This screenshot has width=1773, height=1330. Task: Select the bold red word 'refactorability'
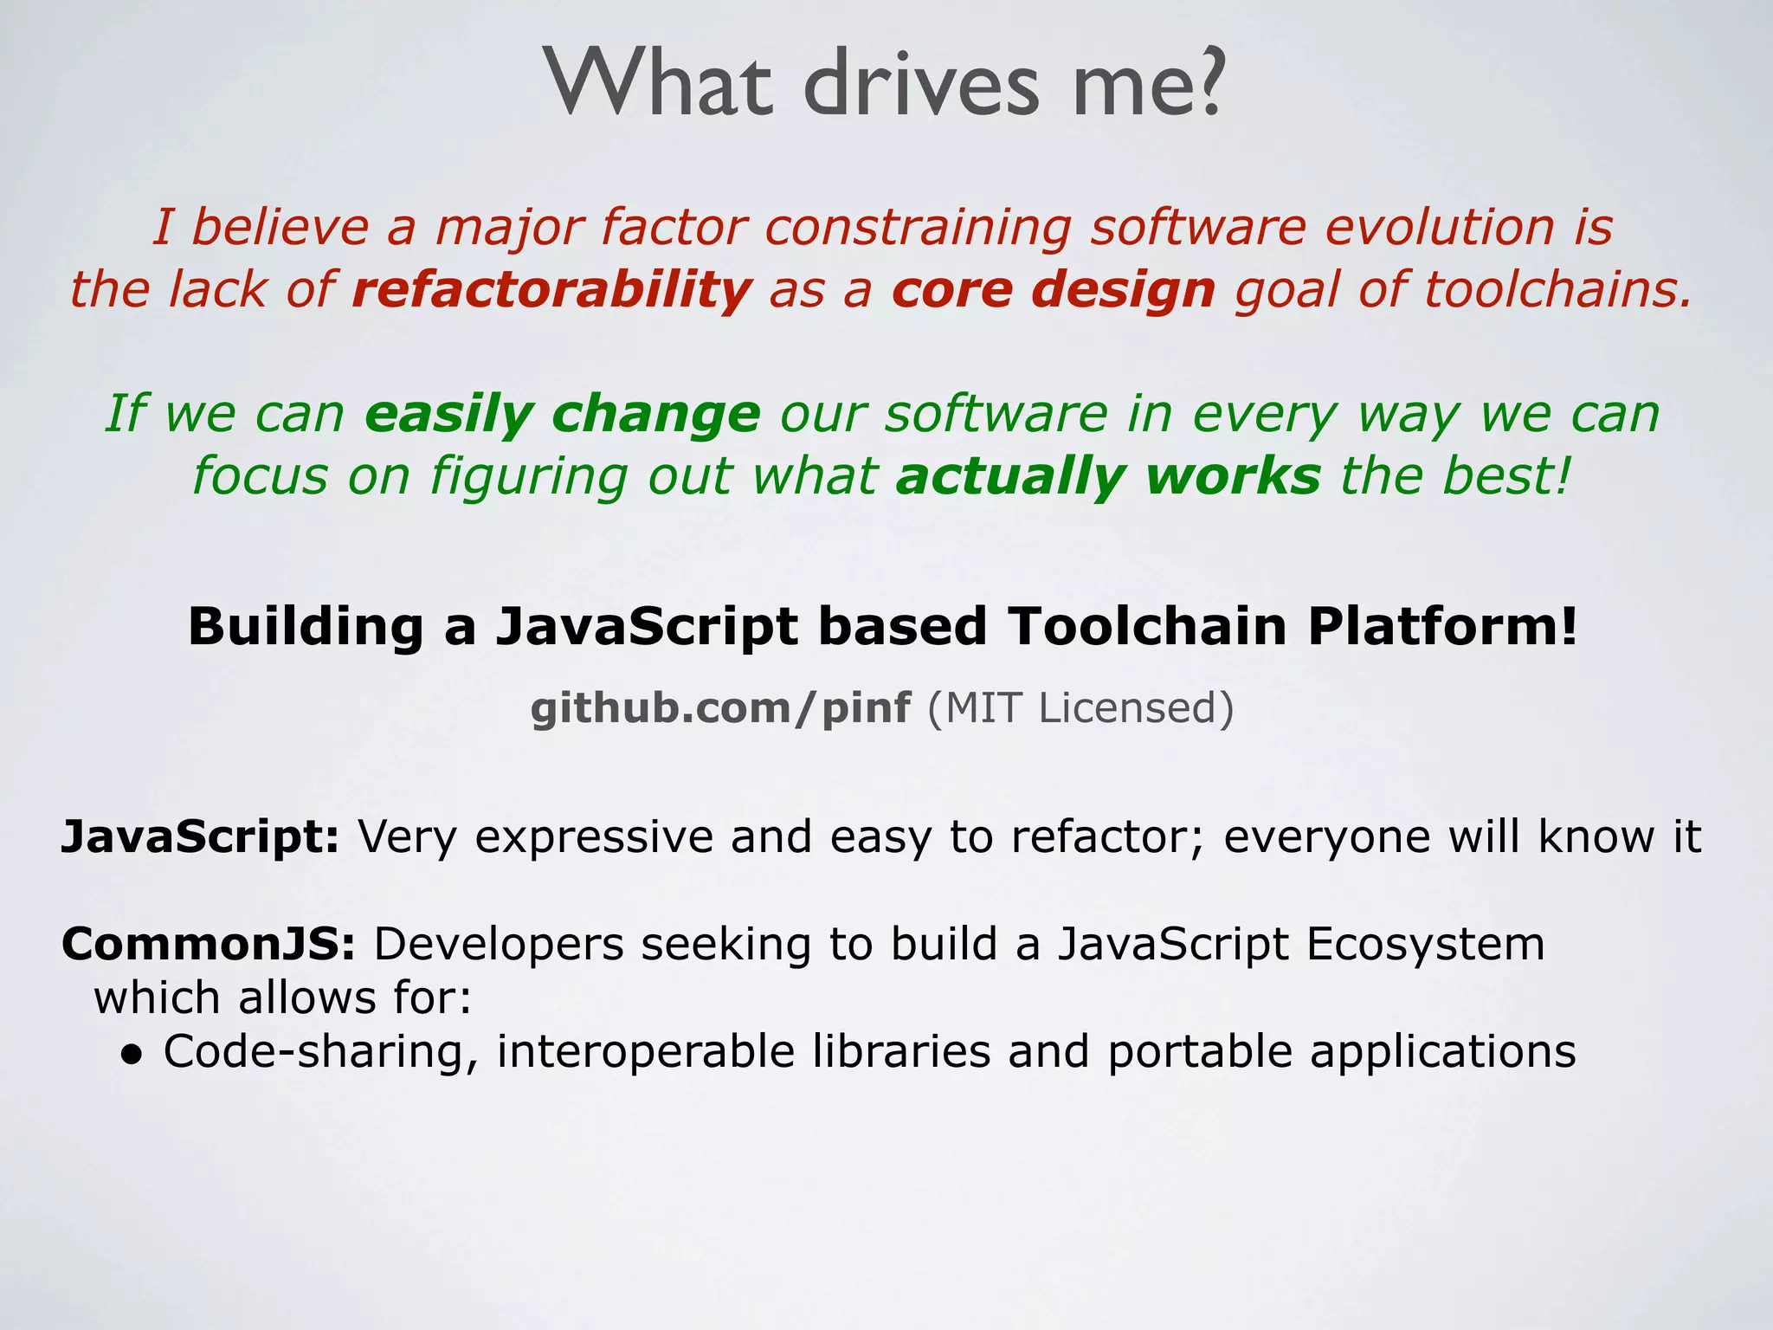[x=551, y=289]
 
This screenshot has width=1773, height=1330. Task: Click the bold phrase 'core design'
[x=1054, y=289]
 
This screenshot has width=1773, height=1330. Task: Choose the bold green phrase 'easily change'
[x=563, y=414]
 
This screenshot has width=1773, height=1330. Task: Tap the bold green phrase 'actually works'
[x=1108, y=476]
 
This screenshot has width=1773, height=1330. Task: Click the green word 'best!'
[x=1505, y=476]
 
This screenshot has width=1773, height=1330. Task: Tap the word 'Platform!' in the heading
[x=1442, y=627]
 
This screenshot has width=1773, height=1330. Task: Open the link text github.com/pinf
[x=719, y=708]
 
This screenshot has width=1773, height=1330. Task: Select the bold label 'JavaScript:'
[x=200, y=837]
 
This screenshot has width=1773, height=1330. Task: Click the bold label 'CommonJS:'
[x=208, y=944]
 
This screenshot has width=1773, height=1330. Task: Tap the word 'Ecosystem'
[x=1425, y=945]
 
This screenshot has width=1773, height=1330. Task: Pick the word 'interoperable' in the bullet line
[x=645, y=1053]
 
